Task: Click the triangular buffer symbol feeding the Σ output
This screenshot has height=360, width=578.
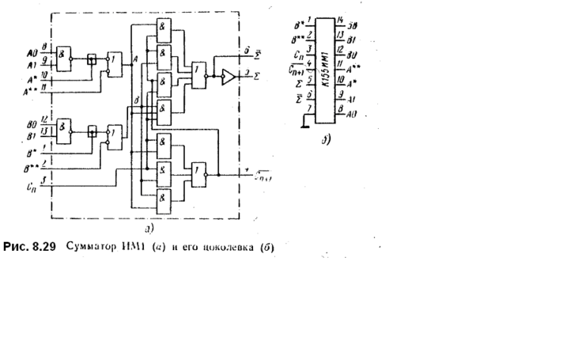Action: tap(228, 77)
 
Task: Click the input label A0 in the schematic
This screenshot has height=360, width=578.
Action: tap(31, 52)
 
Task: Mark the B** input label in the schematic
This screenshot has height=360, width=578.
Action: tap(29, 169)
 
